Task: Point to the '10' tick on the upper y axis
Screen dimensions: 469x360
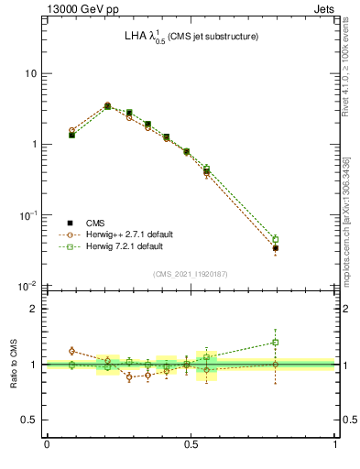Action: pos(30,73)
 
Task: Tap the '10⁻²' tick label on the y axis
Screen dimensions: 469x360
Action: pos(27,286)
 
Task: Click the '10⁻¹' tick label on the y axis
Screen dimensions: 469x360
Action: pos(27,215)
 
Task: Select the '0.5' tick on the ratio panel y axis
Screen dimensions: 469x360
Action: pos(28,420)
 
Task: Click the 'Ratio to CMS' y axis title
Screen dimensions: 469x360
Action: pos(14,365)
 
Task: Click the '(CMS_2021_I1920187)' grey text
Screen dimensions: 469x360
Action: pos(190,274)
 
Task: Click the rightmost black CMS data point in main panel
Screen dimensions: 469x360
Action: pos(276,248)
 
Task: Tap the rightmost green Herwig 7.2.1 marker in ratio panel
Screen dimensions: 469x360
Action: pos(276,343)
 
